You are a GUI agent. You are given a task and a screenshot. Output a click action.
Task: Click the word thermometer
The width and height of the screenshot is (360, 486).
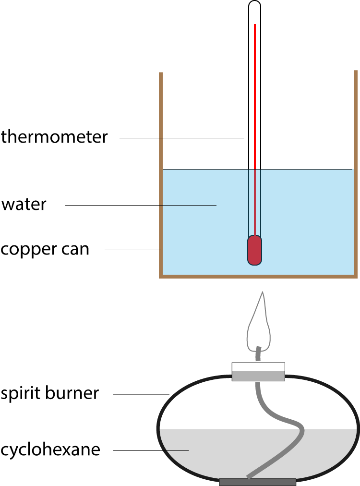(x=54, y=137)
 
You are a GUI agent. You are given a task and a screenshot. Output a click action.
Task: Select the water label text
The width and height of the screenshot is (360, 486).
(x=24, y=205)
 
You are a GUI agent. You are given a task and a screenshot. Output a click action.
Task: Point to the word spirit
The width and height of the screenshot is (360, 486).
(x=21, y=393)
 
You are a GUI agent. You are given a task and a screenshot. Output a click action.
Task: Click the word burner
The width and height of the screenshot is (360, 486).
(x=72, y=393)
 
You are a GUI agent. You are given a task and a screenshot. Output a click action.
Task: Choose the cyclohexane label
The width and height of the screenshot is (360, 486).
(x=50, y=450)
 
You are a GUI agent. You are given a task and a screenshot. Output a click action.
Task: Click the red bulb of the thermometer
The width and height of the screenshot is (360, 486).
(x=255, y=250)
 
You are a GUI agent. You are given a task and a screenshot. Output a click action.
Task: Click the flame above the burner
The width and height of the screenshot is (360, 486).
(x=259, y=322)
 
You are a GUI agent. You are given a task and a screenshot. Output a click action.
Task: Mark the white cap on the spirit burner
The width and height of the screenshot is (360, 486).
(x=258, y=367)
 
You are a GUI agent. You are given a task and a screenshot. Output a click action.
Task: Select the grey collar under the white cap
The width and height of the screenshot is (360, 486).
(x=258, y=377)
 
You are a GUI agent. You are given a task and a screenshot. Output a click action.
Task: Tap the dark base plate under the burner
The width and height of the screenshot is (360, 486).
(x=257, y=482)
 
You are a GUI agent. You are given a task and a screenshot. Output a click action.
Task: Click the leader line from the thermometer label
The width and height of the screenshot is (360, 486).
(x=182, y=138)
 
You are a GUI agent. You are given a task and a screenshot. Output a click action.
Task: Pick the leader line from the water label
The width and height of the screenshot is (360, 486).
(x=141, y=205)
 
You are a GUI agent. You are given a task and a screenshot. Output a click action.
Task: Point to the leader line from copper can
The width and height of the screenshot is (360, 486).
(x=132, y=250)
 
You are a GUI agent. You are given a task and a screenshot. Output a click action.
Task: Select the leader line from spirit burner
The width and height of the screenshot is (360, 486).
(x=141, y=394)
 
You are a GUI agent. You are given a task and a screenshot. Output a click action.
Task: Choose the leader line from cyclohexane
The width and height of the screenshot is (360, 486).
(x=151, y=450)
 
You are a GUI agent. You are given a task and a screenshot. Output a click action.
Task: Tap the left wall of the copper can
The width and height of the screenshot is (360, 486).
(x=161, y=175)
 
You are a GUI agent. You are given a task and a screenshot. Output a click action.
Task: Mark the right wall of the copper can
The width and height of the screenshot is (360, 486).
(x=356, y=173)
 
